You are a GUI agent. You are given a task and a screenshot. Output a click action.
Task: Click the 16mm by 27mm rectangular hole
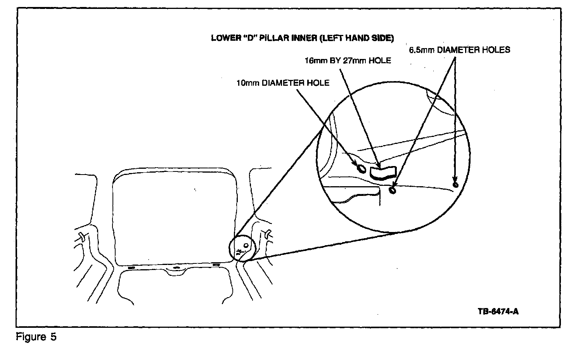(382, 172)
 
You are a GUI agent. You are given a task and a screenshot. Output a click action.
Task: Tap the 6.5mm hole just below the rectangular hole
(393, 190)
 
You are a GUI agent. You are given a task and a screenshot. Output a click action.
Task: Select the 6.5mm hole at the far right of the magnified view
(455, 184)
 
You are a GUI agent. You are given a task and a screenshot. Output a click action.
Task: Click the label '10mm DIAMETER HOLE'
(283, 83)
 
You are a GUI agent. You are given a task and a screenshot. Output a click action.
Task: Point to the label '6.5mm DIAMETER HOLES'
(459, 50)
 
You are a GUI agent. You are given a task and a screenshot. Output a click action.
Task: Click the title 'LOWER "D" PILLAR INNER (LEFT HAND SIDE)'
(302, 38)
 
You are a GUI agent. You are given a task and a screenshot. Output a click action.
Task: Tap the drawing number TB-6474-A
(498, 311)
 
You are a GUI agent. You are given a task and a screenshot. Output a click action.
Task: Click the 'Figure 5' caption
(36, 337)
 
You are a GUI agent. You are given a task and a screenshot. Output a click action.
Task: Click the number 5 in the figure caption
(53, 337)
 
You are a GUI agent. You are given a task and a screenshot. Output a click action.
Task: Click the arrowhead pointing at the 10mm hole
(355, 163)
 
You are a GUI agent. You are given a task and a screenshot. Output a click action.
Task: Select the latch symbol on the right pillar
(268, 234)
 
